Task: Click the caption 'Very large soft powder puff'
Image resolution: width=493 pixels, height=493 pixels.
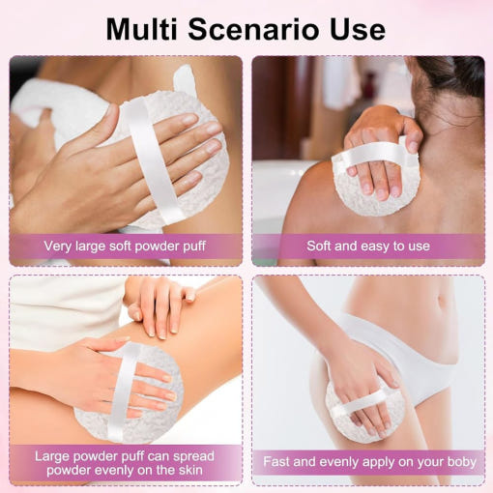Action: [125, 246]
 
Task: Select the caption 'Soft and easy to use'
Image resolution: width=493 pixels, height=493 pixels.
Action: [368, 246]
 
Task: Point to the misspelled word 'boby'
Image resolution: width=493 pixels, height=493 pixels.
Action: [462, 462]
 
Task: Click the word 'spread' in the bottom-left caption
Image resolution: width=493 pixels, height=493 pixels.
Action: [193, 456]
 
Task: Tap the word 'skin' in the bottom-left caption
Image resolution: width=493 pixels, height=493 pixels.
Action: [190, 470]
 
